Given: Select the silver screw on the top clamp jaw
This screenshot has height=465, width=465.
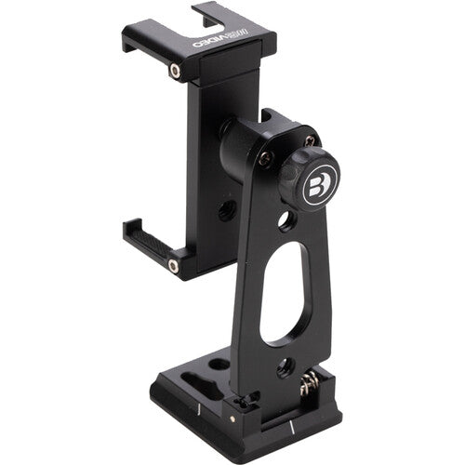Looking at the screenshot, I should (174, 71).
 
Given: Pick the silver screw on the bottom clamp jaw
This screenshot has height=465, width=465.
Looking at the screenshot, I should (173, 266).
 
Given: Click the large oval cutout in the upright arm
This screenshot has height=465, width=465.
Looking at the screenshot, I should (282, 292).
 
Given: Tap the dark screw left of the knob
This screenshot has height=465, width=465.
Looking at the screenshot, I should (265, 158).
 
